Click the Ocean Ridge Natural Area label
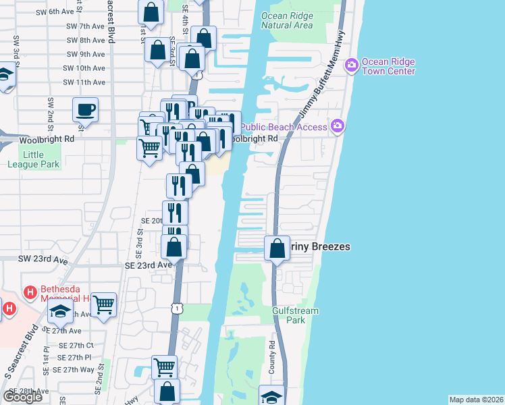[287, 20]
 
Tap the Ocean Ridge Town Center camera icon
[351, 65]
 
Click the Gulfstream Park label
[295, 315]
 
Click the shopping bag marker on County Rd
[277, 248]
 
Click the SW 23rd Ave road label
[43, 259]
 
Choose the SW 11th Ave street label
[84, 82]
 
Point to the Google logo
[23, 397]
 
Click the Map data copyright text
[476, 400]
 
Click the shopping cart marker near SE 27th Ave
[103, 304]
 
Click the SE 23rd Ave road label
[149, 265]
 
